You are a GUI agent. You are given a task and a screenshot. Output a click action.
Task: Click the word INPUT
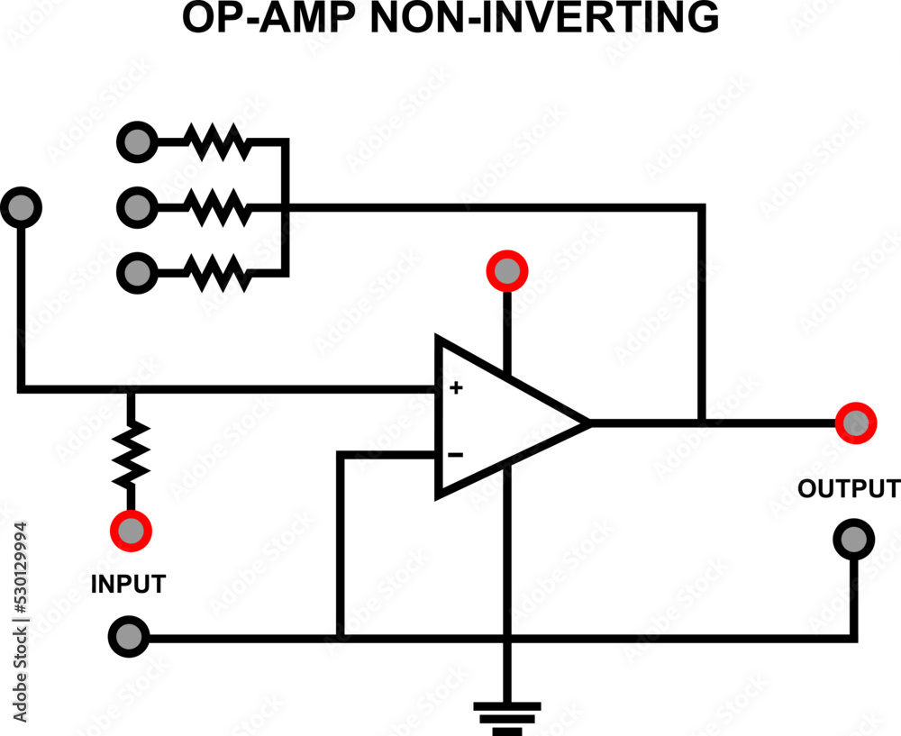pos(128,584)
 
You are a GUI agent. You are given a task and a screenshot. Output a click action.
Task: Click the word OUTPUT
pos(848,489)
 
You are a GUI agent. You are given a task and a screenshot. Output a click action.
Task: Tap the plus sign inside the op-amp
pos(456,388)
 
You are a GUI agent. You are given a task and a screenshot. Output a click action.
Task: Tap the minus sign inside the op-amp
pos(456,455)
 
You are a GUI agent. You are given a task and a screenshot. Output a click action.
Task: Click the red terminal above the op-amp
pos(506,270)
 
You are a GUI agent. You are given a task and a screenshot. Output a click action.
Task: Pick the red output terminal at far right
pos(854,423)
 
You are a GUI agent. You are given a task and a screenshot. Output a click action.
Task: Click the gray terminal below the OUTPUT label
pos(852,539)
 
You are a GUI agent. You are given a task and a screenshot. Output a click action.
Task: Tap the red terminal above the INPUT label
pos(130,531)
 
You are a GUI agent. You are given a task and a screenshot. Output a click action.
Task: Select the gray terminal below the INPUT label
pos(129,636)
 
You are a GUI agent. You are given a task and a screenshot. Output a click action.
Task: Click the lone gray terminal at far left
pos(21,208)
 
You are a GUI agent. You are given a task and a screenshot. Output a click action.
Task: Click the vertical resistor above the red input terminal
pos(131,455)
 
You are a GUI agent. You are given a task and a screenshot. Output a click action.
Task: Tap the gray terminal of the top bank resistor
pos(137,141)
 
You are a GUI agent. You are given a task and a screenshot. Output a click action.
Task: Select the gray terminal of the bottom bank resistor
pos(137,271)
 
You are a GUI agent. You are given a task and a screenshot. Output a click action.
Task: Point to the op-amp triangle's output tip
pos(587,422)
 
